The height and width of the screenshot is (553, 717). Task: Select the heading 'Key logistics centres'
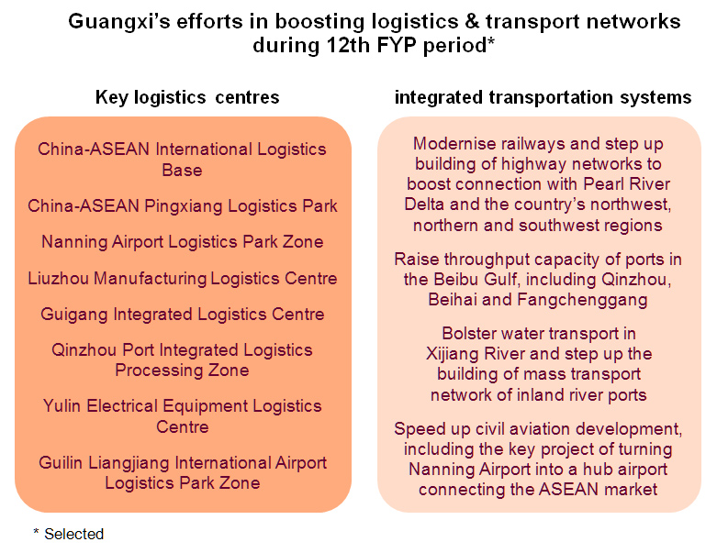pos(187,97)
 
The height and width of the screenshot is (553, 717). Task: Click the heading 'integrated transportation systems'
pos(543,97)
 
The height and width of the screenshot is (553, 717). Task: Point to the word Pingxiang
pos(185,206)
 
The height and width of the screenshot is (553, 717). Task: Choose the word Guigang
pos(74,315)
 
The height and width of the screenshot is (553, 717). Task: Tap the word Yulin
pos(62,406)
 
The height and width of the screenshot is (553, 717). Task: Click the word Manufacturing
pos(150,278)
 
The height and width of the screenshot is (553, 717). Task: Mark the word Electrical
pos(121,406)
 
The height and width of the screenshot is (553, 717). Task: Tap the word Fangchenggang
pos(582,300)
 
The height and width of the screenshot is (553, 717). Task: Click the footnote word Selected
pos(74,534)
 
